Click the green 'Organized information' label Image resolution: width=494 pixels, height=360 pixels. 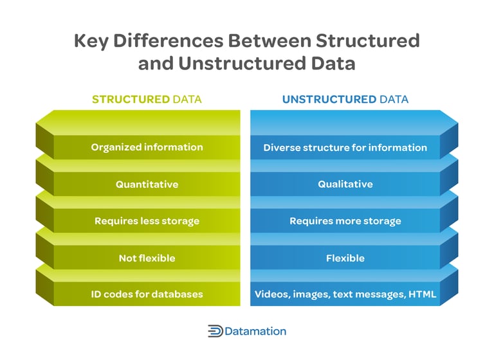tap(147, 147)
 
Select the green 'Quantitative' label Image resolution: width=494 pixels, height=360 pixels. tap(147, 184)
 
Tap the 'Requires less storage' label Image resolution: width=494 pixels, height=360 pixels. tap(147, 221)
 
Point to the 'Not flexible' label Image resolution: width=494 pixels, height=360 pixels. tap(147, 258)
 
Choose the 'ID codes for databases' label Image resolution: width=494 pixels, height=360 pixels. tap(147, 294)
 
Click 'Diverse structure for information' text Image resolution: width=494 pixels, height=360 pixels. tap(345, 148)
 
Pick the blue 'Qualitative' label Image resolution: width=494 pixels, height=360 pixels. tap(345, 184)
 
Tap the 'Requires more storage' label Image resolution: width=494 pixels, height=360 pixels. tap(345, 221)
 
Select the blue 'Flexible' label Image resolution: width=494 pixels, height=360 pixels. tap(345, 258)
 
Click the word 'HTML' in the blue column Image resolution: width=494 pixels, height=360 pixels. tap(421, 294)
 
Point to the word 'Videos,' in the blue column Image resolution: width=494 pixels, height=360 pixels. tap(273, 294)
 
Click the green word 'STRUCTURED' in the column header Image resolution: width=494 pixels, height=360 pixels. tap(131, 100)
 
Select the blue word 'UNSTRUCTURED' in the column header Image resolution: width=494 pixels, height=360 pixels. tap(329, 100)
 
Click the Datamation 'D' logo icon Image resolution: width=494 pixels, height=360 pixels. tap(215, 332)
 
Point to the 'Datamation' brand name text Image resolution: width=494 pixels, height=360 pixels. tap(256, 332)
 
